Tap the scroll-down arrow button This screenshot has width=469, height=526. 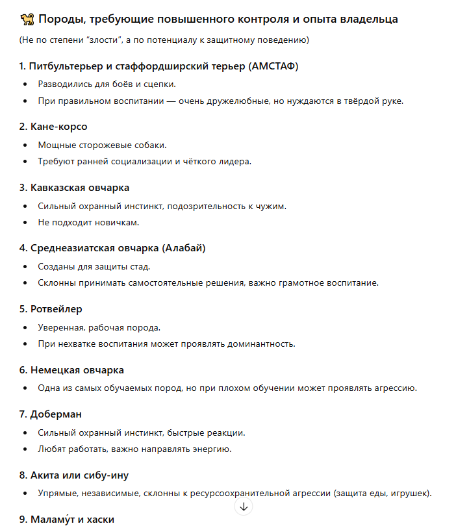[x=244, y=507]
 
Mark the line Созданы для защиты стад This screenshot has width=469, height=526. [x=95, y=266]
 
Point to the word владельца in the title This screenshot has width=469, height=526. [x=366, y=19]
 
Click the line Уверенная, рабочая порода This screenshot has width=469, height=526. [x=99, y=327]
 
